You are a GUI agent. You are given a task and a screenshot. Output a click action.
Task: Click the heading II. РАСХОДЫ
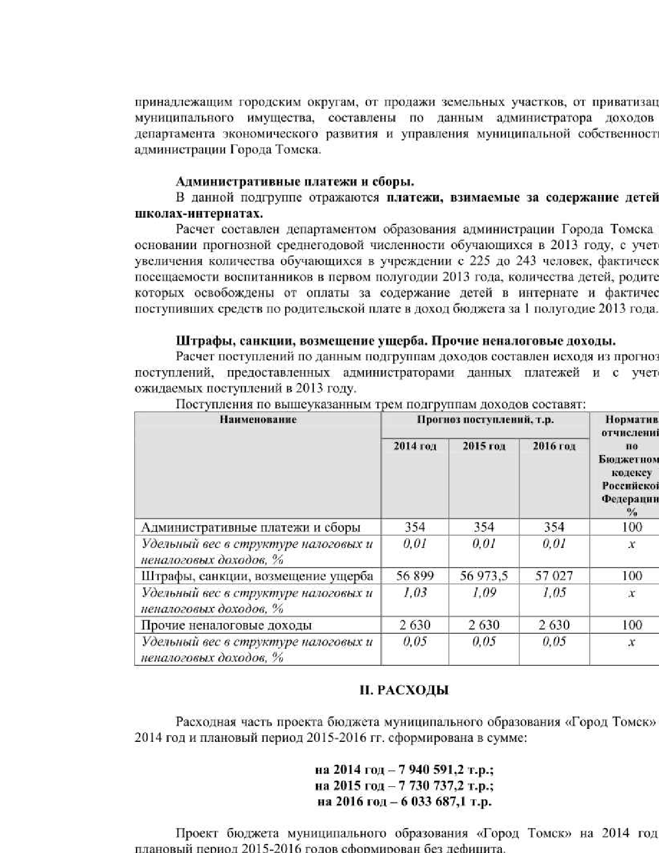coord(404,690)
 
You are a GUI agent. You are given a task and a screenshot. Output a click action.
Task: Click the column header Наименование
coord(258,419)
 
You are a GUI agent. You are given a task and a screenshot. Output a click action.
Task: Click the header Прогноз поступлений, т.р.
coord(485,419)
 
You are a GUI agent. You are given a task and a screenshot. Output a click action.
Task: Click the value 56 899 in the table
coord(415,576)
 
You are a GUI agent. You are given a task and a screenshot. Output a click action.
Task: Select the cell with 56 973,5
coord(484,576)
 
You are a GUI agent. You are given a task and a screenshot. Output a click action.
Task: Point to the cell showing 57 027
coord(554,576)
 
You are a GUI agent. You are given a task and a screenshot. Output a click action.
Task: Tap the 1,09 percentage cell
coord(484,592)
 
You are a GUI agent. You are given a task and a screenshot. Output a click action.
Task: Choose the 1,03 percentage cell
coord(415,592)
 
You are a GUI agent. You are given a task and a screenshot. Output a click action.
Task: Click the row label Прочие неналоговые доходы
coord(226,625)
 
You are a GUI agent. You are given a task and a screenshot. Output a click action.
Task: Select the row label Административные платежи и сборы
coord(251,527)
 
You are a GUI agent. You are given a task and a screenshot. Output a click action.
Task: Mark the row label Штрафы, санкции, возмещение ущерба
coord(257,576)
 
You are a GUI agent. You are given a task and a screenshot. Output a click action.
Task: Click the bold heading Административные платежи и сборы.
coord(295,181)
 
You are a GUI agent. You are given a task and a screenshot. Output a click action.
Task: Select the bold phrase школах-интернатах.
coord(198,214)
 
